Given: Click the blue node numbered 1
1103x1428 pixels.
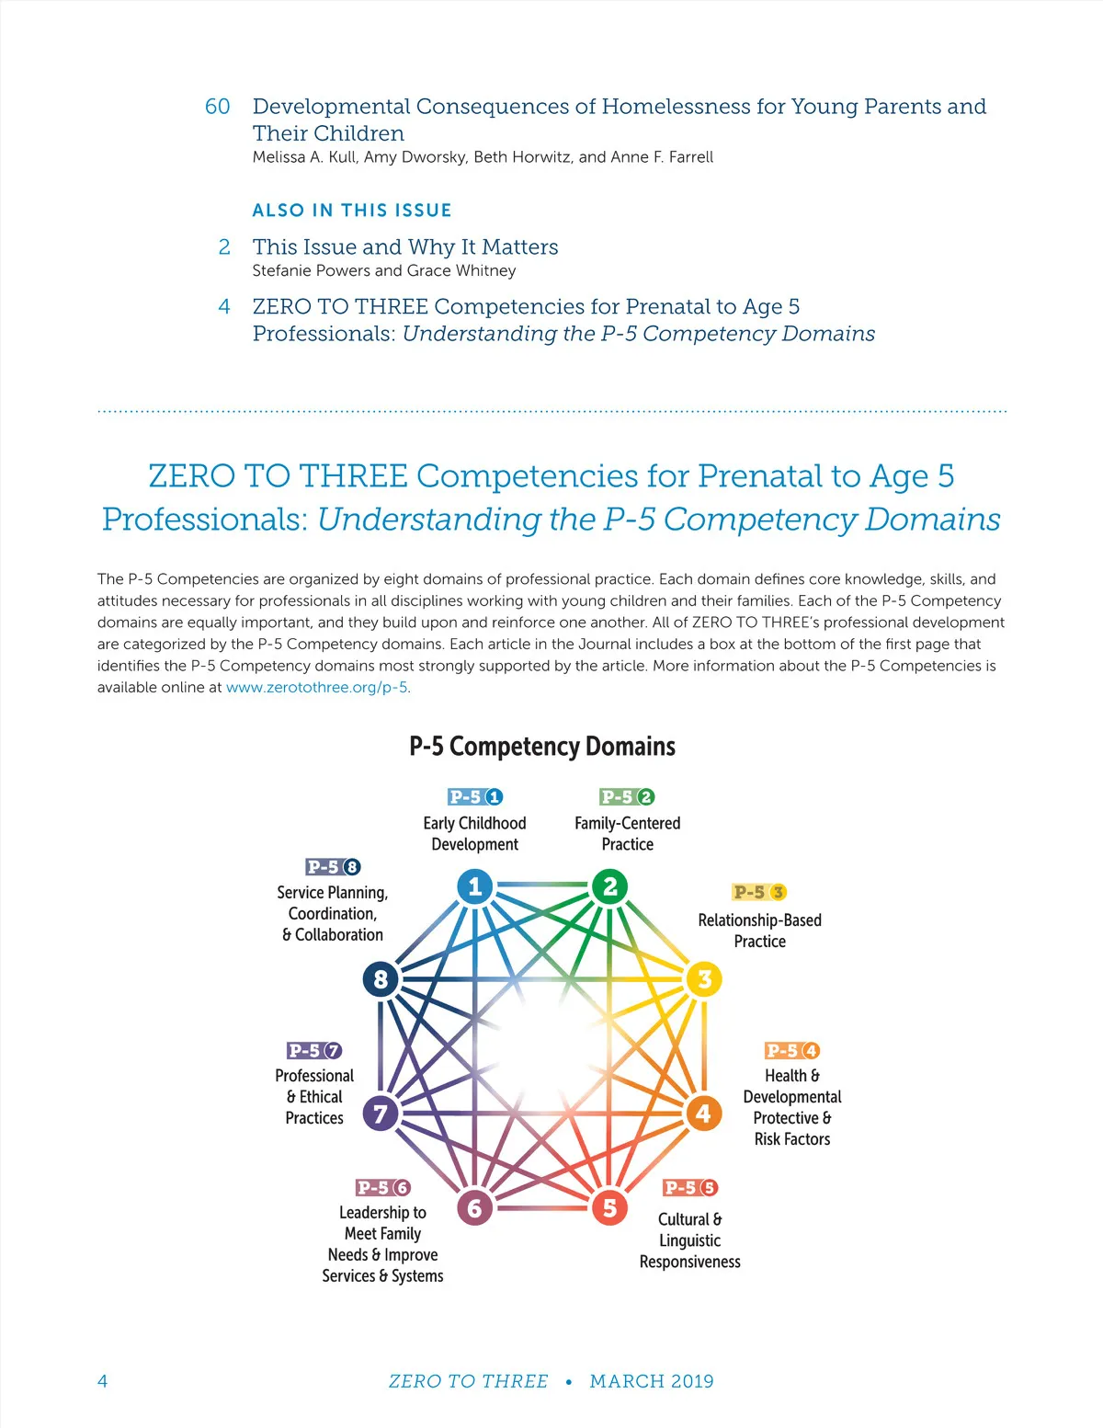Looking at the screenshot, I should [x=474, y=886].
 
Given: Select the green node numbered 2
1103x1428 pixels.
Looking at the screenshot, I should [x=609, y=886].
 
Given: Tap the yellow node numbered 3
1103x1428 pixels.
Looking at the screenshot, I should [x=704, y=979].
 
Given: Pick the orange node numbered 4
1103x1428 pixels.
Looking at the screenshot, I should [x=703, y=1114].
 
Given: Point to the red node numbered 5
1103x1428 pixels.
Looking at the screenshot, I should [x=609, y=1207].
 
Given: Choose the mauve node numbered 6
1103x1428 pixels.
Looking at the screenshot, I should [x=474, y=1207].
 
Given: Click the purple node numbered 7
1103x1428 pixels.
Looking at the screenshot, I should [x=381, y=1114].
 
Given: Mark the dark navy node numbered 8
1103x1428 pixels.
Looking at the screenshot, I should [x=381, y=979].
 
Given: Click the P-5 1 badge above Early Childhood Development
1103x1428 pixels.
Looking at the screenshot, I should [x=475, y=797].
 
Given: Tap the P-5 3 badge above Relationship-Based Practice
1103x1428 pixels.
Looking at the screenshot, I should [x=760, y=892].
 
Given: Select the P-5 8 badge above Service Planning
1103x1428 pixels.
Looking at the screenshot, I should [x=333, y=867].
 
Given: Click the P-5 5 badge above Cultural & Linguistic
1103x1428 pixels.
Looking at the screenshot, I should [x=690, y=1188].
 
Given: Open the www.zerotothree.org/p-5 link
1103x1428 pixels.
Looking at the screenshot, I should [x=317, y=688].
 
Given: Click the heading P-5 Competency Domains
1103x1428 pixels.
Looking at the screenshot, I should [x=542, y=747].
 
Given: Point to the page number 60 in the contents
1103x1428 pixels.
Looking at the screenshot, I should [x=218, y=107].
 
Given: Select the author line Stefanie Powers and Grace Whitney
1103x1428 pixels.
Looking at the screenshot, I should [x=384, y=270].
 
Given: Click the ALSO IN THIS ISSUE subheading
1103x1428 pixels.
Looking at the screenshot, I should [x=352, y=211].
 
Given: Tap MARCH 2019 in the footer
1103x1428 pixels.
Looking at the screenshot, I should [x=652, y=1381].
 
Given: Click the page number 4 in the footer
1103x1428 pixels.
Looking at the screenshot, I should [x=102, y=1381].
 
